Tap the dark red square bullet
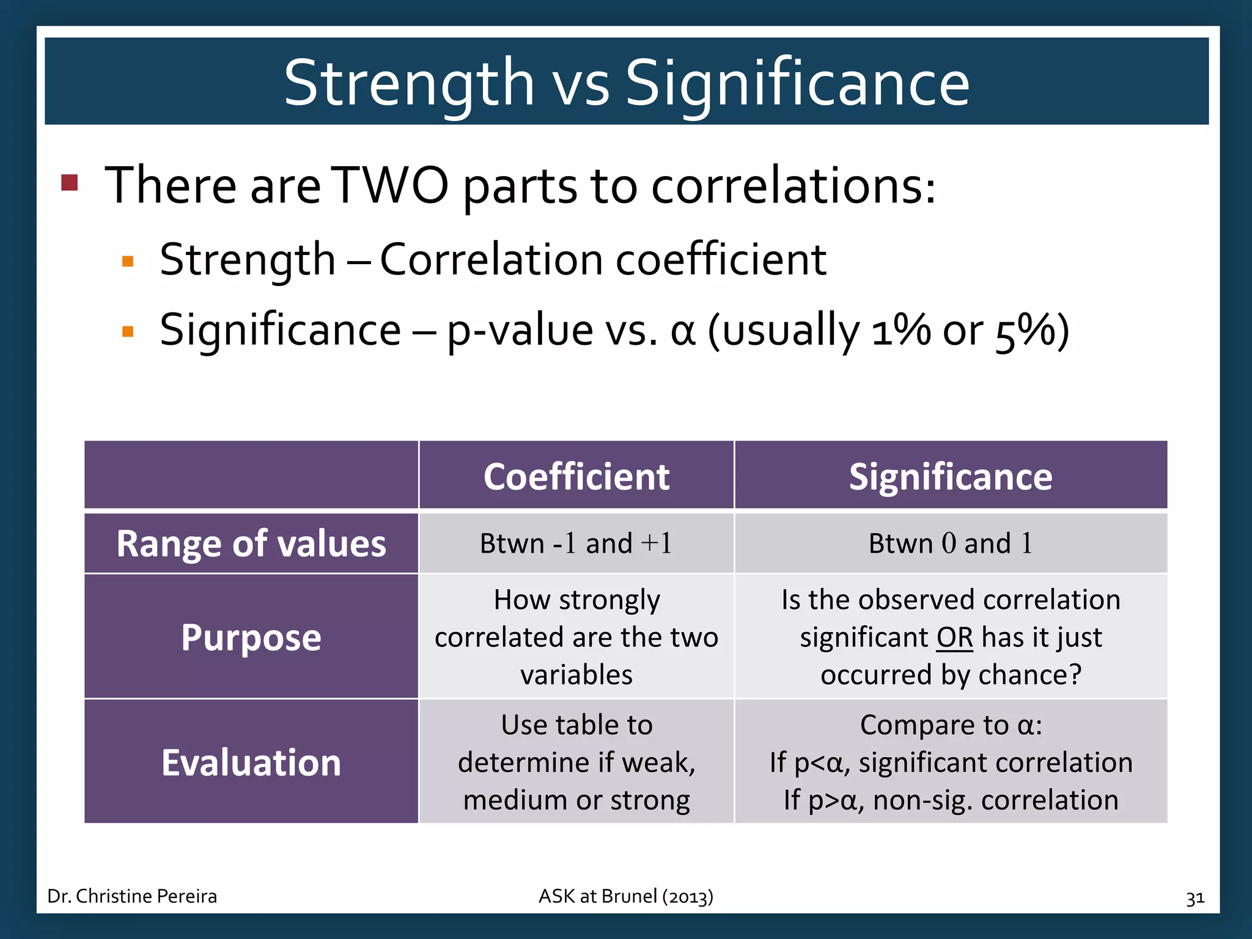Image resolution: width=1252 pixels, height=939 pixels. (70, 182)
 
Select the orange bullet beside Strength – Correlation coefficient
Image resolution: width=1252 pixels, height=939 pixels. (128, 262)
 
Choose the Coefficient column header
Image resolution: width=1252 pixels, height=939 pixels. (576, 476)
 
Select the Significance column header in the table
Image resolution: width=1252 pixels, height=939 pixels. (951, 476)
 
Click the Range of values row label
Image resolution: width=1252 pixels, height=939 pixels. (251, 543)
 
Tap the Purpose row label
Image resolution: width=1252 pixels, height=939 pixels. (251, 637)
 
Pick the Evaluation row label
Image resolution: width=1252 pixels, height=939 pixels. (251, 762)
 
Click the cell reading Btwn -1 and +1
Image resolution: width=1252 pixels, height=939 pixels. (576, 543)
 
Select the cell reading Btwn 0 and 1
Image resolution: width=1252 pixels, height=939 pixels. (951, 543)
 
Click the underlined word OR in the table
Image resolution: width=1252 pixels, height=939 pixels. (954, 638)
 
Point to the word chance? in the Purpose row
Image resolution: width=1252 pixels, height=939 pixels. (1029, 675)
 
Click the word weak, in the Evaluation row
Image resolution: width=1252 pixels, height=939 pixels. (658, 762)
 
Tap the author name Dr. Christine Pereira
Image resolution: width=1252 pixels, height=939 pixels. (132, 896)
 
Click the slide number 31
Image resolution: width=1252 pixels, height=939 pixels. (1195, 898)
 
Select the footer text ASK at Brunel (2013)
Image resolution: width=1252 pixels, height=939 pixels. (625, 896)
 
